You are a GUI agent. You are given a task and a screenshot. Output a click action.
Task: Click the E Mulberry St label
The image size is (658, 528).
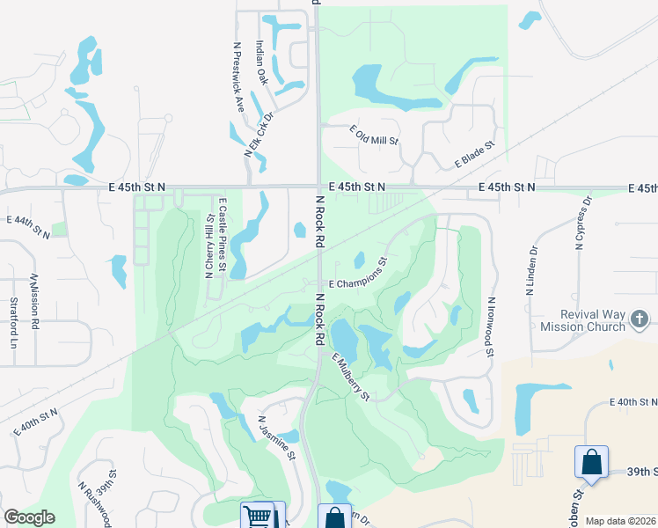(350, 377)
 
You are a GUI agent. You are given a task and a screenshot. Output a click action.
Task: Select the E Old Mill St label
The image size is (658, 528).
(374, 135)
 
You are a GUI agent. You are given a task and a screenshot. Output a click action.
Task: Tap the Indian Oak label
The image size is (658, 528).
(261, 62)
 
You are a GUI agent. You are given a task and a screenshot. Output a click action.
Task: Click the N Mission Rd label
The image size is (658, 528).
(35, 301)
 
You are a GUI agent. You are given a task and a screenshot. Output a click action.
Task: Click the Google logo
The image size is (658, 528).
(29, 517)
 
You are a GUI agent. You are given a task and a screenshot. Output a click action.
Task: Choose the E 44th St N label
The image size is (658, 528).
(29, 226)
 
